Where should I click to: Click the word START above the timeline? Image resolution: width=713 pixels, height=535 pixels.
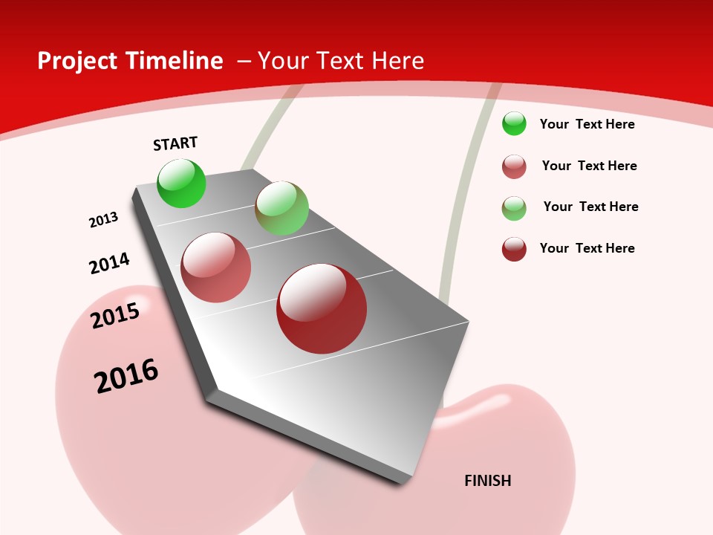click(175, 143)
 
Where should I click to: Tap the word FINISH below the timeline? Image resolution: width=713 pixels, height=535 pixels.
click(488, 481)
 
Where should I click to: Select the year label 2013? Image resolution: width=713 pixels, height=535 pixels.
click(103, 220)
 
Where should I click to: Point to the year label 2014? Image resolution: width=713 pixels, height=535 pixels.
click(109, 263)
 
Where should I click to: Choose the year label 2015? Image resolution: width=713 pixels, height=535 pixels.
click(115, 316)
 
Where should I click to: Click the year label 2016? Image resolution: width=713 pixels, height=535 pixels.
click(126, 376)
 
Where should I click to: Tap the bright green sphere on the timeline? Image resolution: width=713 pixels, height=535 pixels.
click(182, 184)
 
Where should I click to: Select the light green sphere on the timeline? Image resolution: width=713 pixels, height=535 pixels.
click(281, 207)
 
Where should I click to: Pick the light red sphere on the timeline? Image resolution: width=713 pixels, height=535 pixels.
click(216, 267)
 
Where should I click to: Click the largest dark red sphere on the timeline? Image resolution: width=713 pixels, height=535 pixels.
click(322, 308)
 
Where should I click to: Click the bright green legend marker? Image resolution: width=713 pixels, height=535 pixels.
click(514, 123)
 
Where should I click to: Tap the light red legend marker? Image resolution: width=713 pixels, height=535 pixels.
click(514, 166)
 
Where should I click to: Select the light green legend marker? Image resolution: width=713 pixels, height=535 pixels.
click(514, 208)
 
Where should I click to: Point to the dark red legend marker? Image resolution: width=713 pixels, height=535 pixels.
click(514, 249)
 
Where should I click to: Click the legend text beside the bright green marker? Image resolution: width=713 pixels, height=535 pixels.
click(587, 124)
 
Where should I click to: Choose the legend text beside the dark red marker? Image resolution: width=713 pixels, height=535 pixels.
click(587, 248)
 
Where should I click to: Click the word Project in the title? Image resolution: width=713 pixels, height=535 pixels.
click(78, 61)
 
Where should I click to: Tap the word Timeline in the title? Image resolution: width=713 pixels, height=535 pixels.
click(174, 61)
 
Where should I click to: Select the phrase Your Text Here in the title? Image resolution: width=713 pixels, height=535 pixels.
click(341, 61)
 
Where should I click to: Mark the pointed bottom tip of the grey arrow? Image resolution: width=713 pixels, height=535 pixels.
click(404, 481)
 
